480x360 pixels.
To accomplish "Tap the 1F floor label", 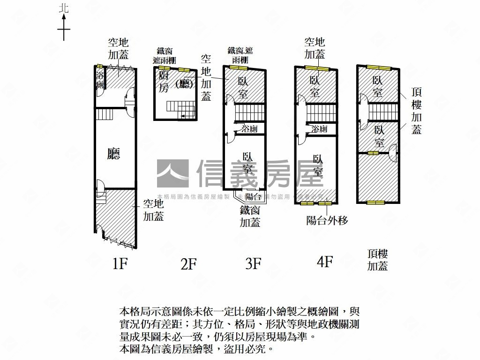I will coord(120,264).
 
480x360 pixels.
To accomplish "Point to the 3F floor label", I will coord(253,263).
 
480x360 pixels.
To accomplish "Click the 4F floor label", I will coord(324,262).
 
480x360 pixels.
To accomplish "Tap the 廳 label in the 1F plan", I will coord(113,154).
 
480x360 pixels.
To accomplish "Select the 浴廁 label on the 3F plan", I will coord(248,129).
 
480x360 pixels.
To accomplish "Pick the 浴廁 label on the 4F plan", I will coord(319,129).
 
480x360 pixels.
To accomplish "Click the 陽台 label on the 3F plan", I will coord(253,197).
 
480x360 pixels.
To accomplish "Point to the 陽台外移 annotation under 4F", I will coord(327,220).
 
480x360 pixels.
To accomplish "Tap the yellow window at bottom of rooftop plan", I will coord(375,203).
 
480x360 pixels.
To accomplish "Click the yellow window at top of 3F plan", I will coord(236,68).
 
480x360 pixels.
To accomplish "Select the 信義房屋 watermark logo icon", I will coord(172,174).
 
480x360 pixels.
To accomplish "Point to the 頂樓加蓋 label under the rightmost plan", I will coord(377,260).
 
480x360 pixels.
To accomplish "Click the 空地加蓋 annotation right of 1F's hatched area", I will coord(153,210).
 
